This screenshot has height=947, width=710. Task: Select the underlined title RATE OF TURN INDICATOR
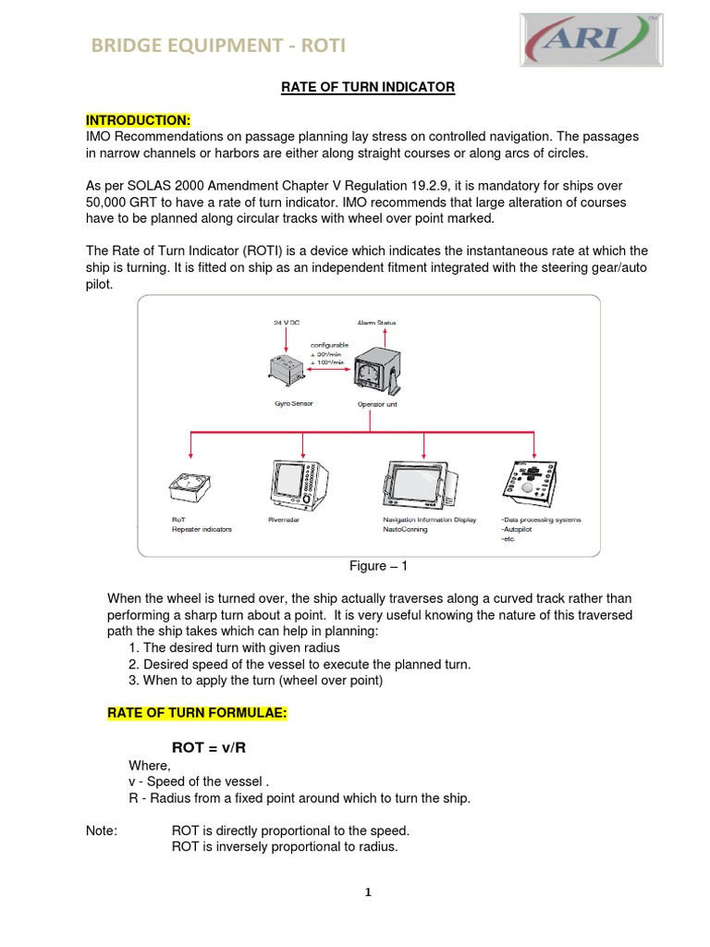pyautogui.click(x=368, y=87)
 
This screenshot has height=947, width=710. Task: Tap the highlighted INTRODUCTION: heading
pyautogui.click(x=138, y=120)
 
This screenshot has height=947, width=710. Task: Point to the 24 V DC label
pyautogui.click(x=288, y=322)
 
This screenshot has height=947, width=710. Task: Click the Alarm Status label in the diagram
pyautogui.click(x=376, y=322)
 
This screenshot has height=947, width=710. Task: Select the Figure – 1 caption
pyautogui.click(x=377, y=565)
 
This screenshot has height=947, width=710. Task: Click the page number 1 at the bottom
pyautogui.click(x=367, y=892)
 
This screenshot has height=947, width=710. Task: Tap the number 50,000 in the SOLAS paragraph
pyautogui.click(x=111, y=203)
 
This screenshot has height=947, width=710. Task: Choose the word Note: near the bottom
pyautogui.click(x=101, y=830)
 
